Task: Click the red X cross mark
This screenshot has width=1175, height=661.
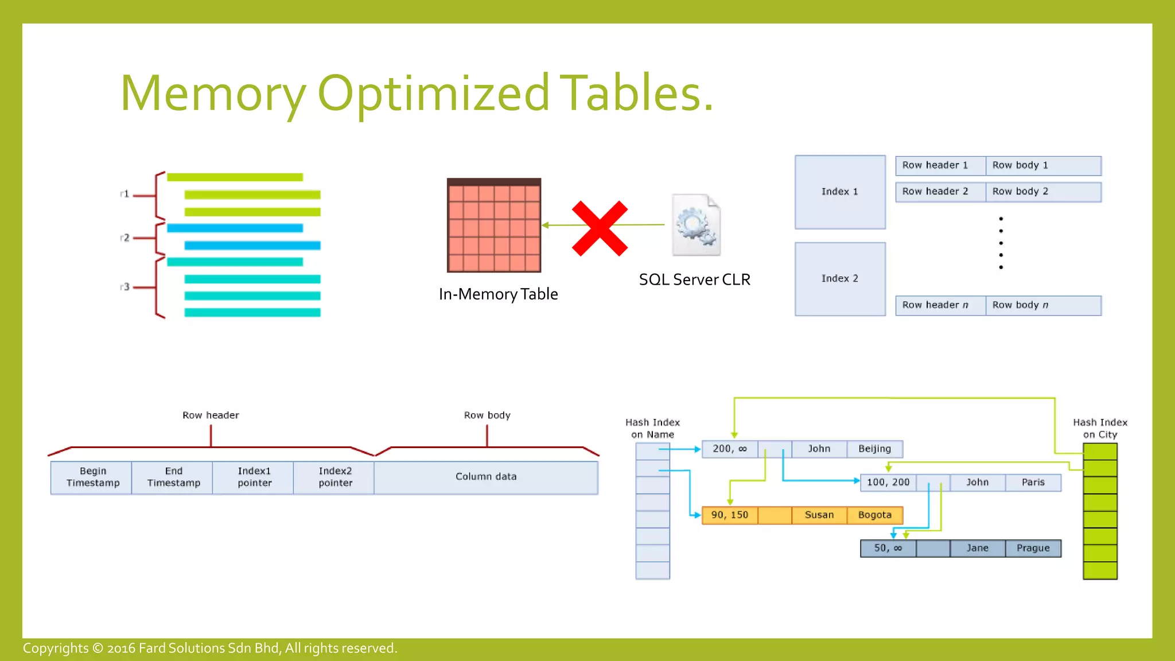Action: tap(600, 228)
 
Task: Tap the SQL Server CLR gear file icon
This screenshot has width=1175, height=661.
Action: tap(696, 225)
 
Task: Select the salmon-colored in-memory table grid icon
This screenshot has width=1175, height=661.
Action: tap(494, 225)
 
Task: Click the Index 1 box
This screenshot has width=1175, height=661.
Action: tap(840, 192)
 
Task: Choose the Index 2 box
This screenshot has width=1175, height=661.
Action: tap(840, 279)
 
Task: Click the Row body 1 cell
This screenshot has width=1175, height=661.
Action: tap(1042, 165)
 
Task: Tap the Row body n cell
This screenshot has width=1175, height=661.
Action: tap(1042, 305)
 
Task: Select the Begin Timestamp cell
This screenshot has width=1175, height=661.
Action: tap(92, 477)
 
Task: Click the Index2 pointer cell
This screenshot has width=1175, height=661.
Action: tap(334, 477)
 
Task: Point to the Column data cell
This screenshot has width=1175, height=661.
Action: tap(486, 477)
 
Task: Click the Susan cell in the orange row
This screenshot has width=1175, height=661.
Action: tap(819, 515)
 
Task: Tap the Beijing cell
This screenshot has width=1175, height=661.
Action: tap(874, 449)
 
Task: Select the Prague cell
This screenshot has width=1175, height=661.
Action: tap(1033, 548)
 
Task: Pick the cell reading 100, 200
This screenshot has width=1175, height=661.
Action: tap(888, 483)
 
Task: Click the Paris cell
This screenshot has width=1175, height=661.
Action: tap(1033, 483)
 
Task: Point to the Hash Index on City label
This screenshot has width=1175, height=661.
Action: tap(1100, 429)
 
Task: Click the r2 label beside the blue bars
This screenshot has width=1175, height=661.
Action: tap(124, 238)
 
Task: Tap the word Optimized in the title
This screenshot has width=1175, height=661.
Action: tap(434, 93)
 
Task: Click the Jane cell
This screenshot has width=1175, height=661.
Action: tap(977, 548)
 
